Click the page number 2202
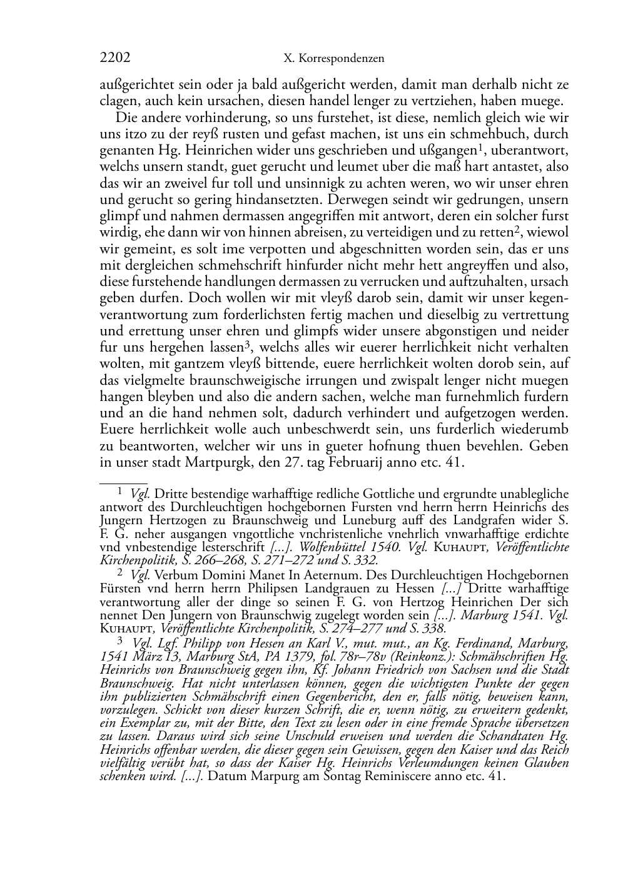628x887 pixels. coord(115,58)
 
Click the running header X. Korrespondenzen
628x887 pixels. coord(333,59)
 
